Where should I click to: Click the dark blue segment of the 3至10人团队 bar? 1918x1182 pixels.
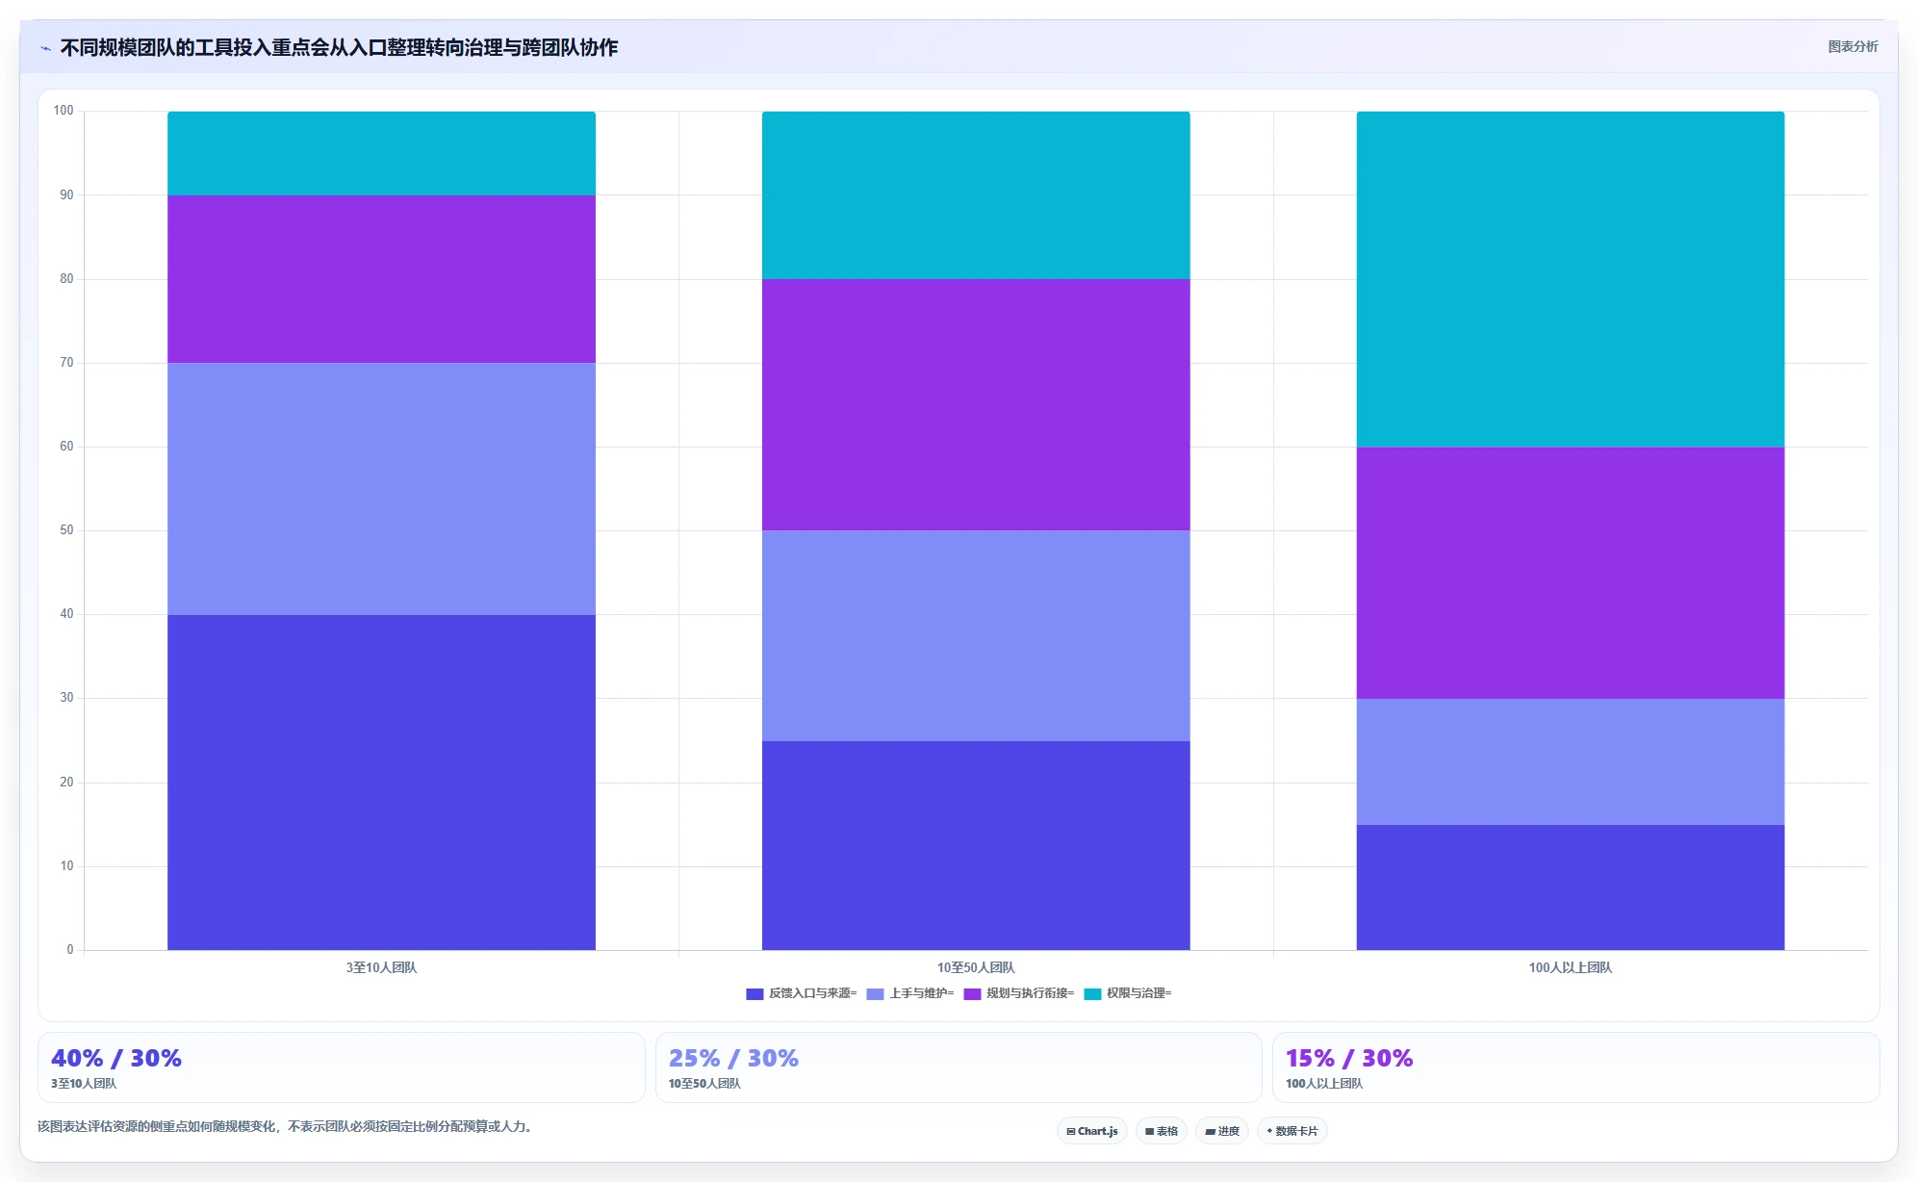coord(381,782)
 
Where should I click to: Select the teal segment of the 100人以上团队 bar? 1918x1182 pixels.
coord(1570,279)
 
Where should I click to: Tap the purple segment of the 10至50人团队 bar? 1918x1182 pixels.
coord(976,404)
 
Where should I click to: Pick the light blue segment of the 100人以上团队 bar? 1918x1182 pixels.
coord(1570,761)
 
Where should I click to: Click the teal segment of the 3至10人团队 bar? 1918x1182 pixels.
coord(381,153)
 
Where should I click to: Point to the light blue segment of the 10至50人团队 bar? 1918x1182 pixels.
coord(976,635)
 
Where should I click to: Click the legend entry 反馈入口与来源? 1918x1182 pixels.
coord(801,993)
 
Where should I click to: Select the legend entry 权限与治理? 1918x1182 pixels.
coord(1128,993)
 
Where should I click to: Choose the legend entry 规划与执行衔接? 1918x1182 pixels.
coord(1019,993)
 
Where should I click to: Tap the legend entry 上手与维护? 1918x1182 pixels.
coord(910,993)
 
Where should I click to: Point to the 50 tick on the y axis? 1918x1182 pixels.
coord(66,530)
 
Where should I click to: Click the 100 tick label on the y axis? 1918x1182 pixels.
coord(64,111)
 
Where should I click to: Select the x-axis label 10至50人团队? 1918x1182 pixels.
coord(976,967)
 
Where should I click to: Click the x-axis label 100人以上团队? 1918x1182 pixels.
coord(1570,967)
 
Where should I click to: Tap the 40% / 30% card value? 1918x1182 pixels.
coord(116,1058)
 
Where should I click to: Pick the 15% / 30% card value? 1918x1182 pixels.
coord(1349,1058)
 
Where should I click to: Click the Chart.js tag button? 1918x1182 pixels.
coord(1092,1131)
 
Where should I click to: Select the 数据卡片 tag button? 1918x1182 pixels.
coord(1292,1131)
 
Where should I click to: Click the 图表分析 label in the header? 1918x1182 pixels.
coord(1853,46)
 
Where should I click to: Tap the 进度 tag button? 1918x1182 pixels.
coord(1222,1131)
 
